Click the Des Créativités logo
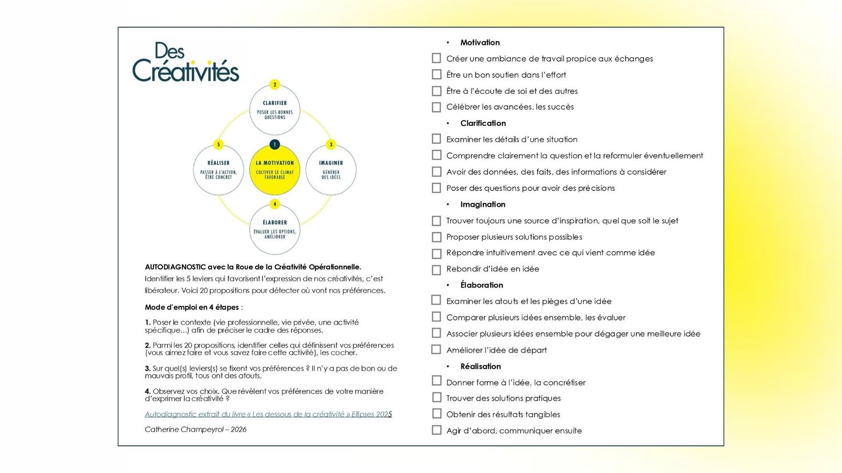[x=185, y=63]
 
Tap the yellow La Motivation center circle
[x=275, y=170]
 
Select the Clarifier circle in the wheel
[x=275, y=110]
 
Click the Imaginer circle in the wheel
[x=331, y=170]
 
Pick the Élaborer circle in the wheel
[x=275, y=230]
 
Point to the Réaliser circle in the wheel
[x=219, y=170]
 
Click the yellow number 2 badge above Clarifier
[x=275, y=85]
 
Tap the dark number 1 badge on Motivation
[x=275, y=144]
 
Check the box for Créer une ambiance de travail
[x=437, y=58]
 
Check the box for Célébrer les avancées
[x=437, y=107]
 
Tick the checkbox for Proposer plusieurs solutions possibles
[x=437, y=236]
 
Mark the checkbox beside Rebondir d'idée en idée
[x=437, y=269]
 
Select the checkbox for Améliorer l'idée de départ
[x=437, y=350]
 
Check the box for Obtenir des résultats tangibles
[x=437, y=414]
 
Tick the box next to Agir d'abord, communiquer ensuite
[x=437, y=430]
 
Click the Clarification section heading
[x=483, y=123]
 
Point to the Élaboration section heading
[x=482, y=285]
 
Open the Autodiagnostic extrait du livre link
[x=268, y=414]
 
